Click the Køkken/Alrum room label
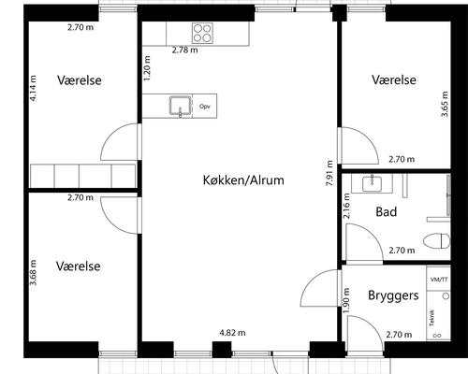pyautogui.click(x=242, y=180)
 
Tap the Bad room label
pyautogui.click(x=387, y=212)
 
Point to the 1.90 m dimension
pyautogui.click(x=346, y=298)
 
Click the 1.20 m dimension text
pyautogui.click(x=147, y=70)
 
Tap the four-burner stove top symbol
pyautogui.click(x=202, y=33)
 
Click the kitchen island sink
pyautogui.click(x=178, y=106)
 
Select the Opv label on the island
pyautogui.click(x=204, y=107)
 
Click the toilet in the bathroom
pyautogui.click(x=435, y=238)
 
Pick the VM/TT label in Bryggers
pyautogui.click(x=438, y=280)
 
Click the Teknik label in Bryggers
pyautogui.click(x=431, y=319)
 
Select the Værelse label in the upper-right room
pyautogui.click(x=393, y=80)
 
